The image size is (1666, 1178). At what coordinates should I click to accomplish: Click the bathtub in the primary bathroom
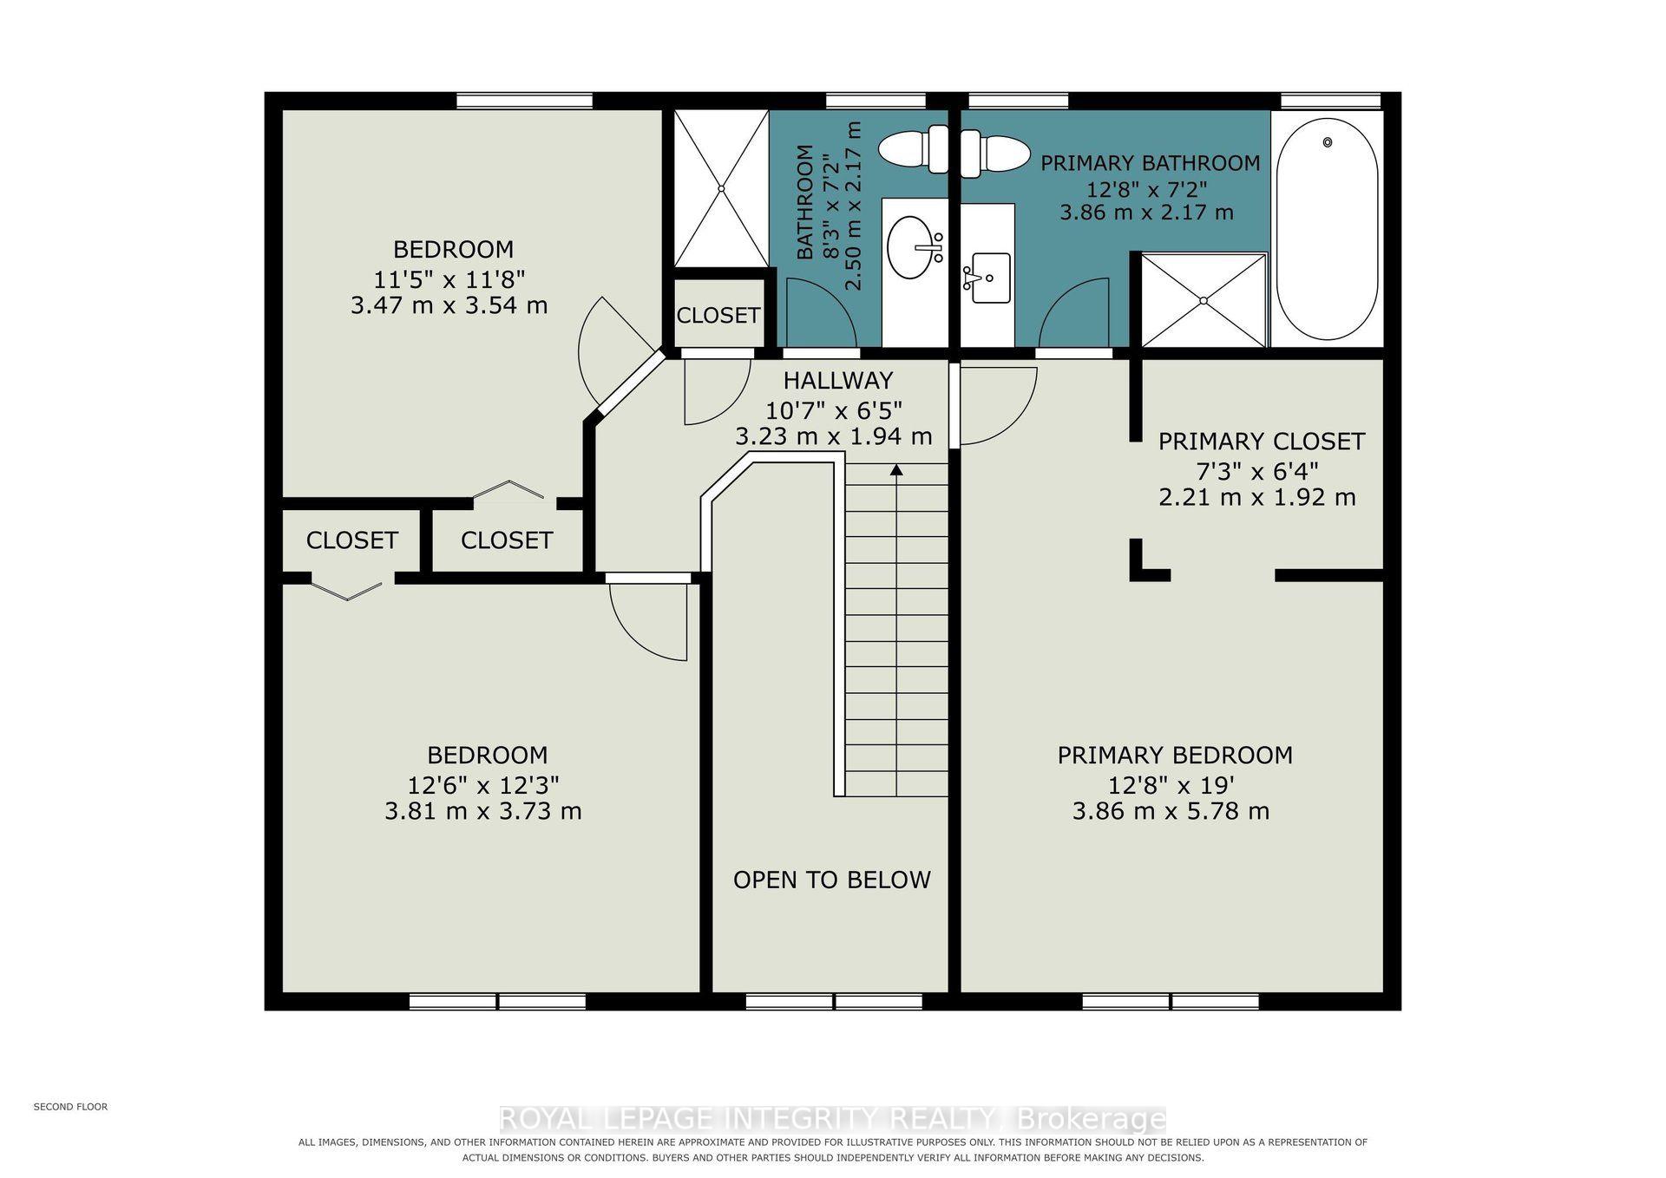pos(1327,229)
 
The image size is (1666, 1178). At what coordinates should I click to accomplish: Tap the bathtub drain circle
pos(1327,141)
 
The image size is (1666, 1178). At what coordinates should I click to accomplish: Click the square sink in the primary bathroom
pos(989,278)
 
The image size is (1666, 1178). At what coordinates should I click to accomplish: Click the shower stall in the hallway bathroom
pos(721,188)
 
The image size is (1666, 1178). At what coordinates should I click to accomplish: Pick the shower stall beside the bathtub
pos(1204,300)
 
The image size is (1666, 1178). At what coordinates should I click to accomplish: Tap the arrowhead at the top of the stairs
pos(896,470)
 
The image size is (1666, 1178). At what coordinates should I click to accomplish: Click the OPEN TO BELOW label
pos(831,880)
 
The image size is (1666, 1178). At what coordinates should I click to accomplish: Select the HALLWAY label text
pos(837,380)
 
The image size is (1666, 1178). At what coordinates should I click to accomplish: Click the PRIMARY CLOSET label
pos(1261,442)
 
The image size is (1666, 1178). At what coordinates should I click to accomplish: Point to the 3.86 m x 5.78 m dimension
pos(1171,811)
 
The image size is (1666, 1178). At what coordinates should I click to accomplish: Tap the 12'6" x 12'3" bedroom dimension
pos(483,785)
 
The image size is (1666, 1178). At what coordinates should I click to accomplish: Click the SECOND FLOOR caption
pos(70,1107)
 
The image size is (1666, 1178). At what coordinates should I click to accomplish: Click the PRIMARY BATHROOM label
pos(1150,163)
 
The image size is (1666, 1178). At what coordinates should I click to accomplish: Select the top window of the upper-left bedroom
pos(524,101)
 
